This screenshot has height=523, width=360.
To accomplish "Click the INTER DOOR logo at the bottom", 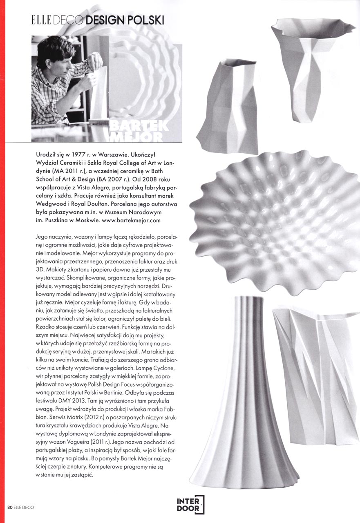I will click(x=190, y=505).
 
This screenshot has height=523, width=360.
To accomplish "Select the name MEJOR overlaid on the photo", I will click(x=139, y=137).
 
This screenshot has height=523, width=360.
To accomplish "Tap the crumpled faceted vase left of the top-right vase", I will click(x=229, y=106).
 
